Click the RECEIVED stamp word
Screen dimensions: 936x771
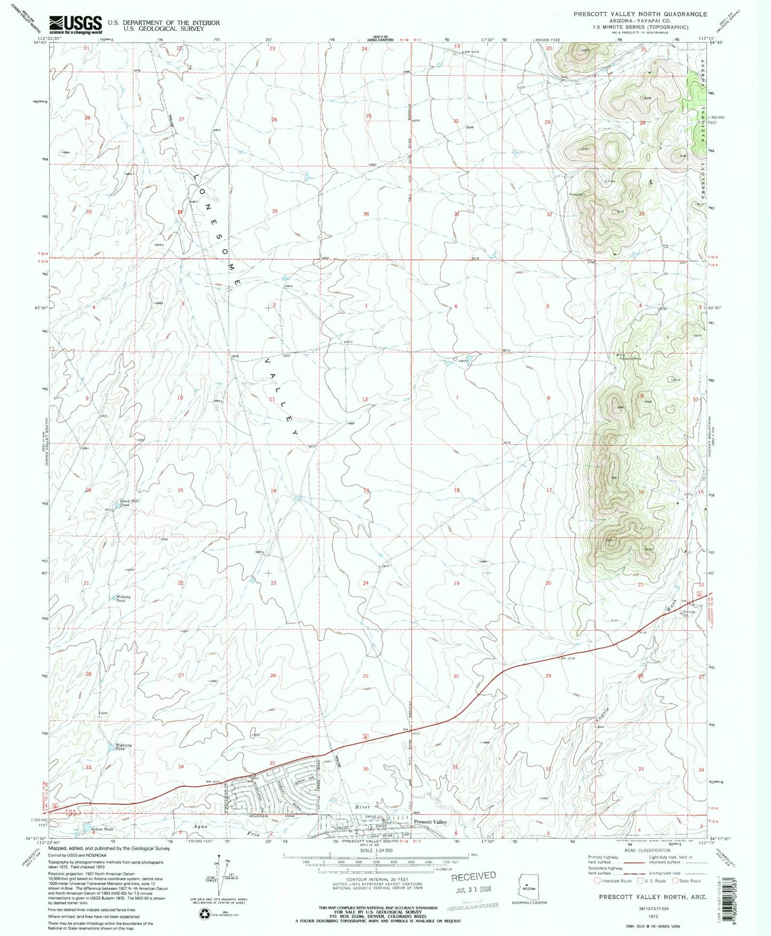tap(474, 876)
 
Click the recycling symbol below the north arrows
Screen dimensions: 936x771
tap(205, 914)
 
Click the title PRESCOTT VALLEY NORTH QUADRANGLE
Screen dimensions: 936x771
tap(640, 14)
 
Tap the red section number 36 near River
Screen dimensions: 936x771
tap(365, 769)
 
